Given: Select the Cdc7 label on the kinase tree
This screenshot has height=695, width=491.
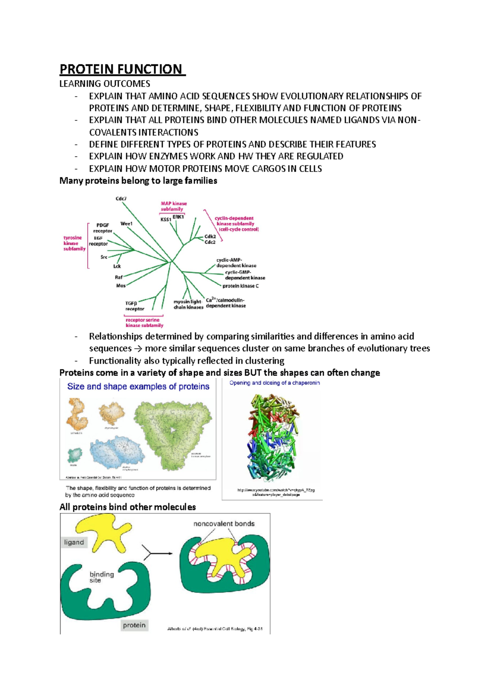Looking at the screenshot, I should point(121,199).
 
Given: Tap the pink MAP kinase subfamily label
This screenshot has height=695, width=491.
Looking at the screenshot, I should point(173,206).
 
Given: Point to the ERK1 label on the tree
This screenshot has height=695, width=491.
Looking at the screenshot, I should point(178,217).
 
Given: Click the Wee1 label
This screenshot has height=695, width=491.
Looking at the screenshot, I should point(126,224).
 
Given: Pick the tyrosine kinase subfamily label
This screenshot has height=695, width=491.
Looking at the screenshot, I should point(74,243).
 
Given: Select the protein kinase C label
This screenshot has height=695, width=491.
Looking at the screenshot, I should point(241,286).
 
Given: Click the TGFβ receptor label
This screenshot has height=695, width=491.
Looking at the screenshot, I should point(134,306).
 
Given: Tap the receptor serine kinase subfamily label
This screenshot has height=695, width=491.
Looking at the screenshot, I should point(144,323).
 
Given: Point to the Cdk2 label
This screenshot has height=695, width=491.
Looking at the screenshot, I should point(210,237).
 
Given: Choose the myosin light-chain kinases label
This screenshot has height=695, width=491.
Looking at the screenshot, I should point(188,305).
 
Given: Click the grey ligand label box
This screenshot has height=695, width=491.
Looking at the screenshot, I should point(74,542).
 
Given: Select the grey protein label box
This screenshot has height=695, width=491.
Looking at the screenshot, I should point(134,625).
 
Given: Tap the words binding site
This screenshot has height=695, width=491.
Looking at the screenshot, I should point(101,577).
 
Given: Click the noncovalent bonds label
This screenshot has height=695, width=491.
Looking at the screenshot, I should point(224,524).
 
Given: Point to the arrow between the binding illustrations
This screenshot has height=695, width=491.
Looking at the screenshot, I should point(158,554).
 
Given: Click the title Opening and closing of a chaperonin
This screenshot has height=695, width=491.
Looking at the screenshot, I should point(275,383).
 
